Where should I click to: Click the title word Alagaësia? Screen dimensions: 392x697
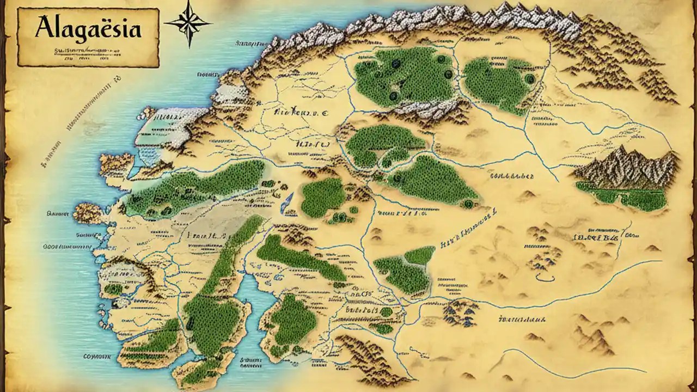[87, 27]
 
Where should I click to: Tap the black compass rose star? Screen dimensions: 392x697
[188, 22]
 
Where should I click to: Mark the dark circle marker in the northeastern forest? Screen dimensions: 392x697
[528, 79]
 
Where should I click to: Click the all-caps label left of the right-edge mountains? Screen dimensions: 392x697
[512, 176]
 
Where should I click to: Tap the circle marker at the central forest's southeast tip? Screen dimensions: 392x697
[467, 204]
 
